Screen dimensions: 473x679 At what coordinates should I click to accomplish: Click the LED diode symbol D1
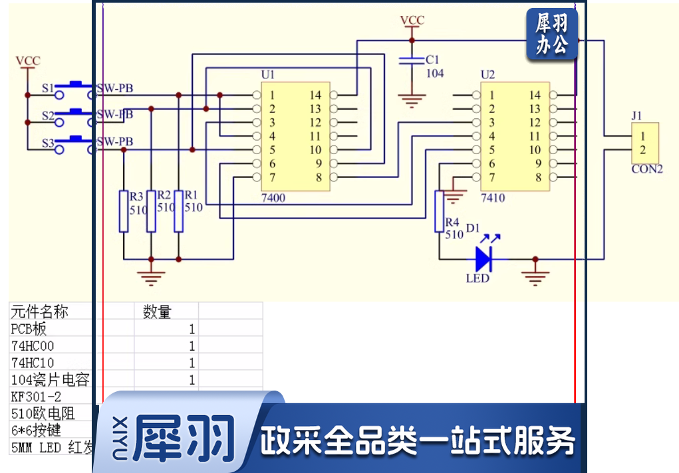click(484, 258)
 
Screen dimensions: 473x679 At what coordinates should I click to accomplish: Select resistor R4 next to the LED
click(439, 211)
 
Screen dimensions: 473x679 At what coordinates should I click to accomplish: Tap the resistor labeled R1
click(178, 211)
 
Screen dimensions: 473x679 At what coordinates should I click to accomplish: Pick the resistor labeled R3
click(124, 211)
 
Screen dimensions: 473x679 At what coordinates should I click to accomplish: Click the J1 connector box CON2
click(644, 143)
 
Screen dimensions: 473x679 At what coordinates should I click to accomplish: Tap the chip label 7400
click(274, 198)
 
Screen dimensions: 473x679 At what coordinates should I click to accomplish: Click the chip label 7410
click(493, 198)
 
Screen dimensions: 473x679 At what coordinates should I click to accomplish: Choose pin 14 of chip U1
click(315, 95)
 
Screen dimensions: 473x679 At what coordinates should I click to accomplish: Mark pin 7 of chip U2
click(491, 177)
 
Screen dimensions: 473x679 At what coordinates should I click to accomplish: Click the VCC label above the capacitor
click(412, 21)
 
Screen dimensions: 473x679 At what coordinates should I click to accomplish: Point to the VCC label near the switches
click(28, 61)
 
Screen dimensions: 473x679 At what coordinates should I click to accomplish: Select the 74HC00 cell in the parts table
click(33, 345)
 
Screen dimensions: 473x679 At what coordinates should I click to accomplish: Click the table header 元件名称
click(40, 312)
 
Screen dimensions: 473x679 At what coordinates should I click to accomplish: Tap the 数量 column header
click(157, 312)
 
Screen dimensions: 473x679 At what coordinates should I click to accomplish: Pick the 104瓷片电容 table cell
click(50, 379)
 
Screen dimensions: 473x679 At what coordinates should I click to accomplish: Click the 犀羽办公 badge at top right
click(551, 35)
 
